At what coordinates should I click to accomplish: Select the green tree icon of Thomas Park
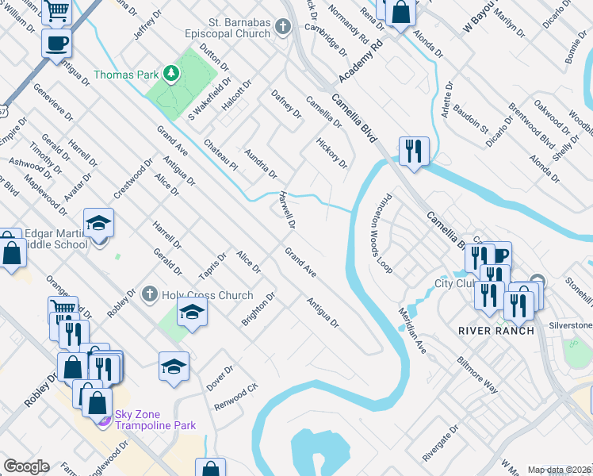pos(170,74)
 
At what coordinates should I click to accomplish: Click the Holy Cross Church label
pos(207,295)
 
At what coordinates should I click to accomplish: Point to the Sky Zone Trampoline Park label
pos(155,420)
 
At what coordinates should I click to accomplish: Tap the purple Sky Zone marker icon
pos(103,418)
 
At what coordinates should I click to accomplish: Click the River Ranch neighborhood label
pos(496,330)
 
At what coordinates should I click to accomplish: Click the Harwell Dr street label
pos(286,209)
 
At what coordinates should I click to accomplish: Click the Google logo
pos(27,466)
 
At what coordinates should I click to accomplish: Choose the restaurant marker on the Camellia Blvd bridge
pos(413,151)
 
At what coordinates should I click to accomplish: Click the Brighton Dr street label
pos(258,309)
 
